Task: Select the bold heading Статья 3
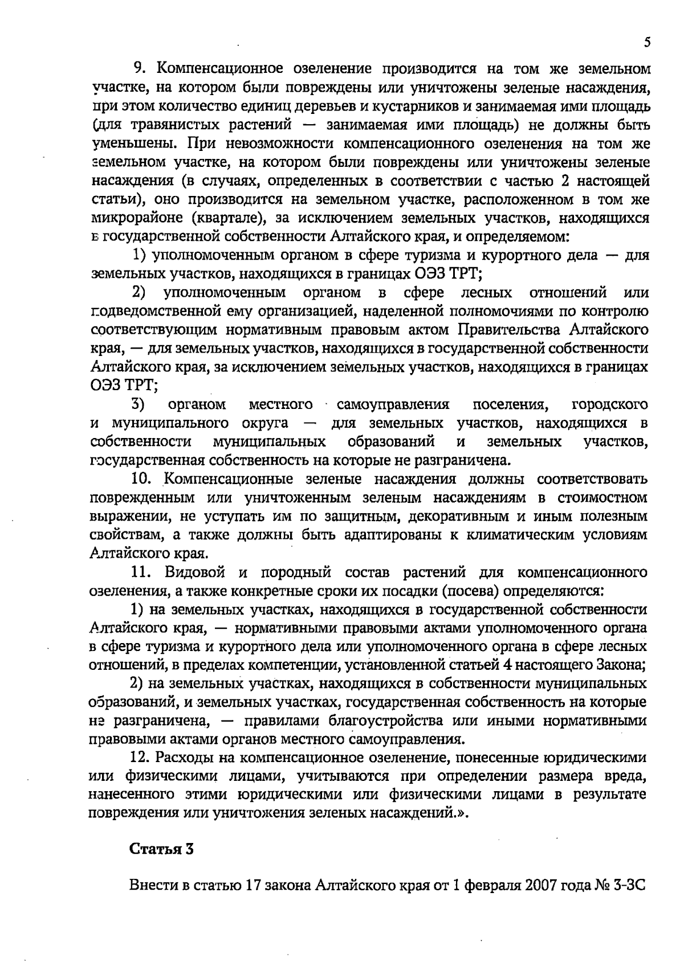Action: pyautogui.click(x=162, y=849)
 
